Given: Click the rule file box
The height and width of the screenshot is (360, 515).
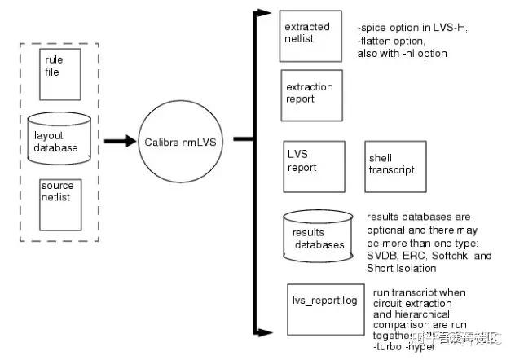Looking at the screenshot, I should tap(60, 74).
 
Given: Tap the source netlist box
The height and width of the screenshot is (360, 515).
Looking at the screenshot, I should tap(61, 204).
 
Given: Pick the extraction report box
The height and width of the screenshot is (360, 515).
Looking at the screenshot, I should tap(309, 96).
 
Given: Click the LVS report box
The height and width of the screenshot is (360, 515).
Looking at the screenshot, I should tap(310, 167).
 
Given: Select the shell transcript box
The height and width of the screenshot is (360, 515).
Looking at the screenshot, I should tap(396, 165).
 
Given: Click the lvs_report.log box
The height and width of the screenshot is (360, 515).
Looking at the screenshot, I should tap(324, 307).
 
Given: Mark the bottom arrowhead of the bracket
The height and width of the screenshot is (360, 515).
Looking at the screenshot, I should tap(263, 332).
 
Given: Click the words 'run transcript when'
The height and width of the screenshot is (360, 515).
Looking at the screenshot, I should tap(412, 292).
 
